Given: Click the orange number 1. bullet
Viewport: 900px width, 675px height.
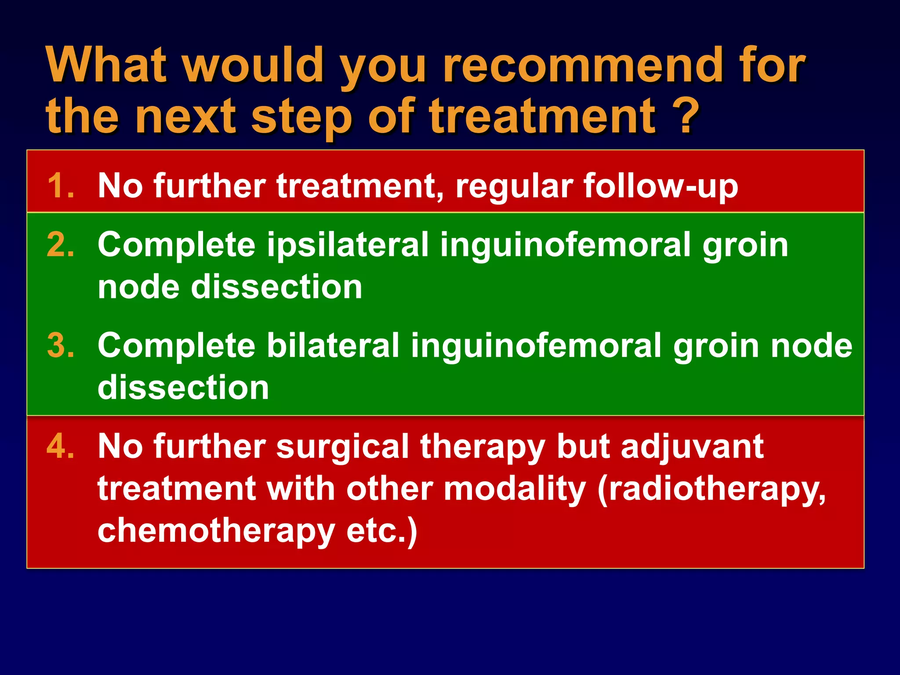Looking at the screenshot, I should pos(60,186).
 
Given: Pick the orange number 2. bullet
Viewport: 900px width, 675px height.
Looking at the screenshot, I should pos(60,245).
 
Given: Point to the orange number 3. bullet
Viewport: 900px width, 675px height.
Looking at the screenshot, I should pos(60,345).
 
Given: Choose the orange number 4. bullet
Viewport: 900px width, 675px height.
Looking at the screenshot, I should pos(60,446).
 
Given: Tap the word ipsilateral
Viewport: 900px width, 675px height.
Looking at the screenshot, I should pos(348,245).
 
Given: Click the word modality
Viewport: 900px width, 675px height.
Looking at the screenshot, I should pos(515,490).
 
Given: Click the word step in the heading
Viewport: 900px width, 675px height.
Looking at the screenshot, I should pos(301,117).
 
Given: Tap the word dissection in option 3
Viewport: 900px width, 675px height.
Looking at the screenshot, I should pos(183,388).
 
